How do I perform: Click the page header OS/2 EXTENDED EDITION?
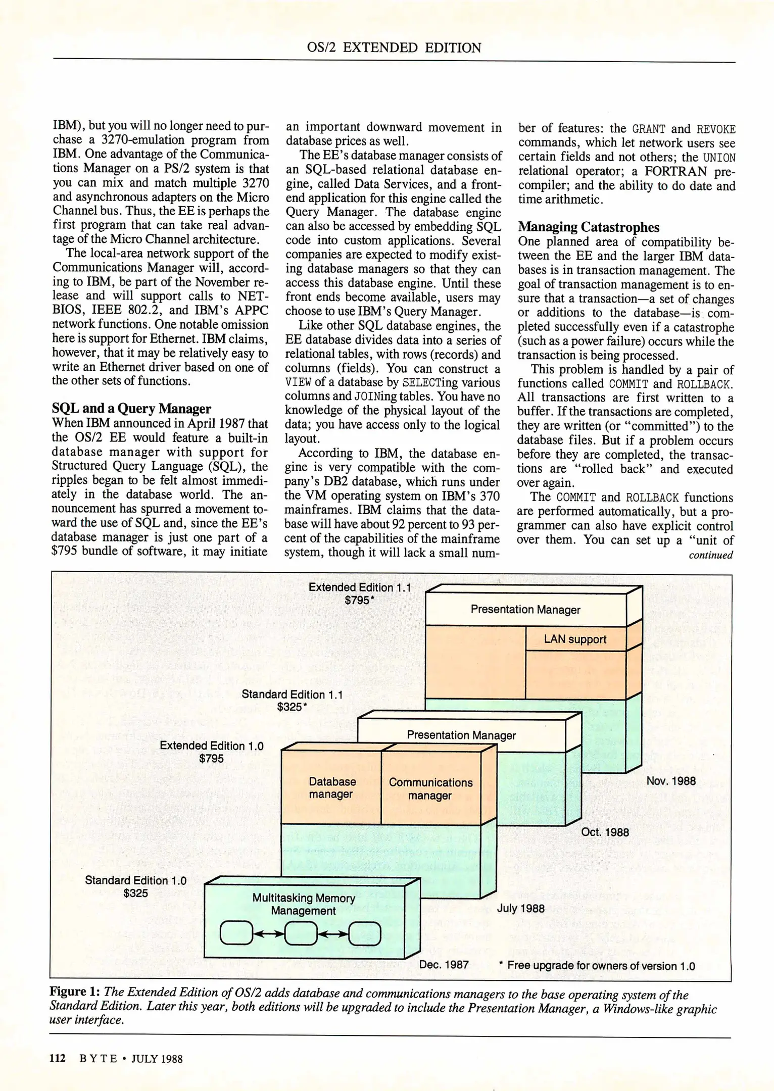coord(394,47)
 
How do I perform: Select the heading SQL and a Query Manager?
coord(131,408)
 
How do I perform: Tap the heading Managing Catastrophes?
coord(589,227)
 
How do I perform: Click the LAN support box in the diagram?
coord(575,639)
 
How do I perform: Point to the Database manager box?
coord(331,787)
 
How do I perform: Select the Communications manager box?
coord(430,788)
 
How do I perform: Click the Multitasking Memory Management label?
coord(303,904)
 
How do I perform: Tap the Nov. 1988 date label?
coord(671,781)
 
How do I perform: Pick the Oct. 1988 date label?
coord(605,832)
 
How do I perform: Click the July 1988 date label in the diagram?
coord(520,908)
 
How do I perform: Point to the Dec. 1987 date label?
coord(444,964)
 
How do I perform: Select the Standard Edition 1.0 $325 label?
coord(135,886)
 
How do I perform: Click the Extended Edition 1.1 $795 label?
coord(360,593)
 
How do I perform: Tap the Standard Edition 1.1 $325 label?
coord(292,701)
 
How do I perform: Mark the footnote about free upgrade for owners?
coord(597,966)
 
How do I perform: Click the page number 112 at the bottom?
coord(57,1058)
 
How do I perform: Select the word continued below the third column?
coord(710,555)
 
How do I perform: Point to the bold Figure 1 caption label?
coord(74,991)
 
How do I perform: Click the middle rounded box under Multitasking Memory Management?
coord(301,933)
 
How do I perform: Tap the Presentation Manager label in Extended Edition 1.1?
coord(525,610)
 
